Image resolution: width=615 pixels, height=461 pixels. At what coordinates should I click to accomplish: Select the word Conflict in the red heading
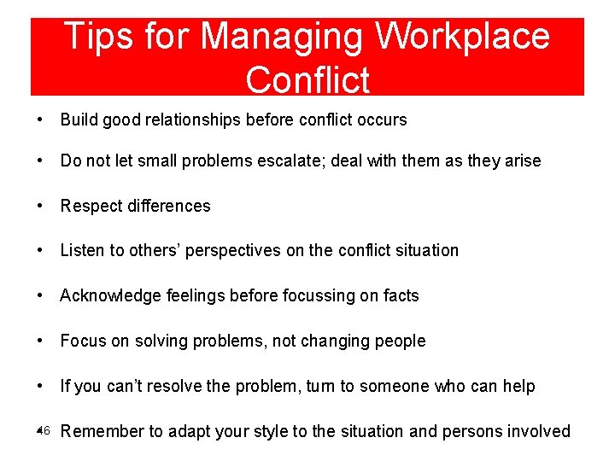tap(307, 79)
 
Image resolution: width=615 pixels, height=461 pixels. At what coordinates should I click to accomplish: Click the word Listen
tap(82, 250)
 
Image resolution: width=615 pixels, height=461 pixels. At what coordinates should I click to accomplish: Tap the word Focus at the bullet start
tap(83, 341)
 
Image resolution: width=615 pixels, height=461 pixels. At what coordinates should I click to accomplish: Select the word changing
tap(331, 341)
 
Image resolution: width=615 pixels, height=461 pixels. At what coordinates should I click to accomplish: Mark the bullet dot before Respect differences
tap(42, 206)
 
